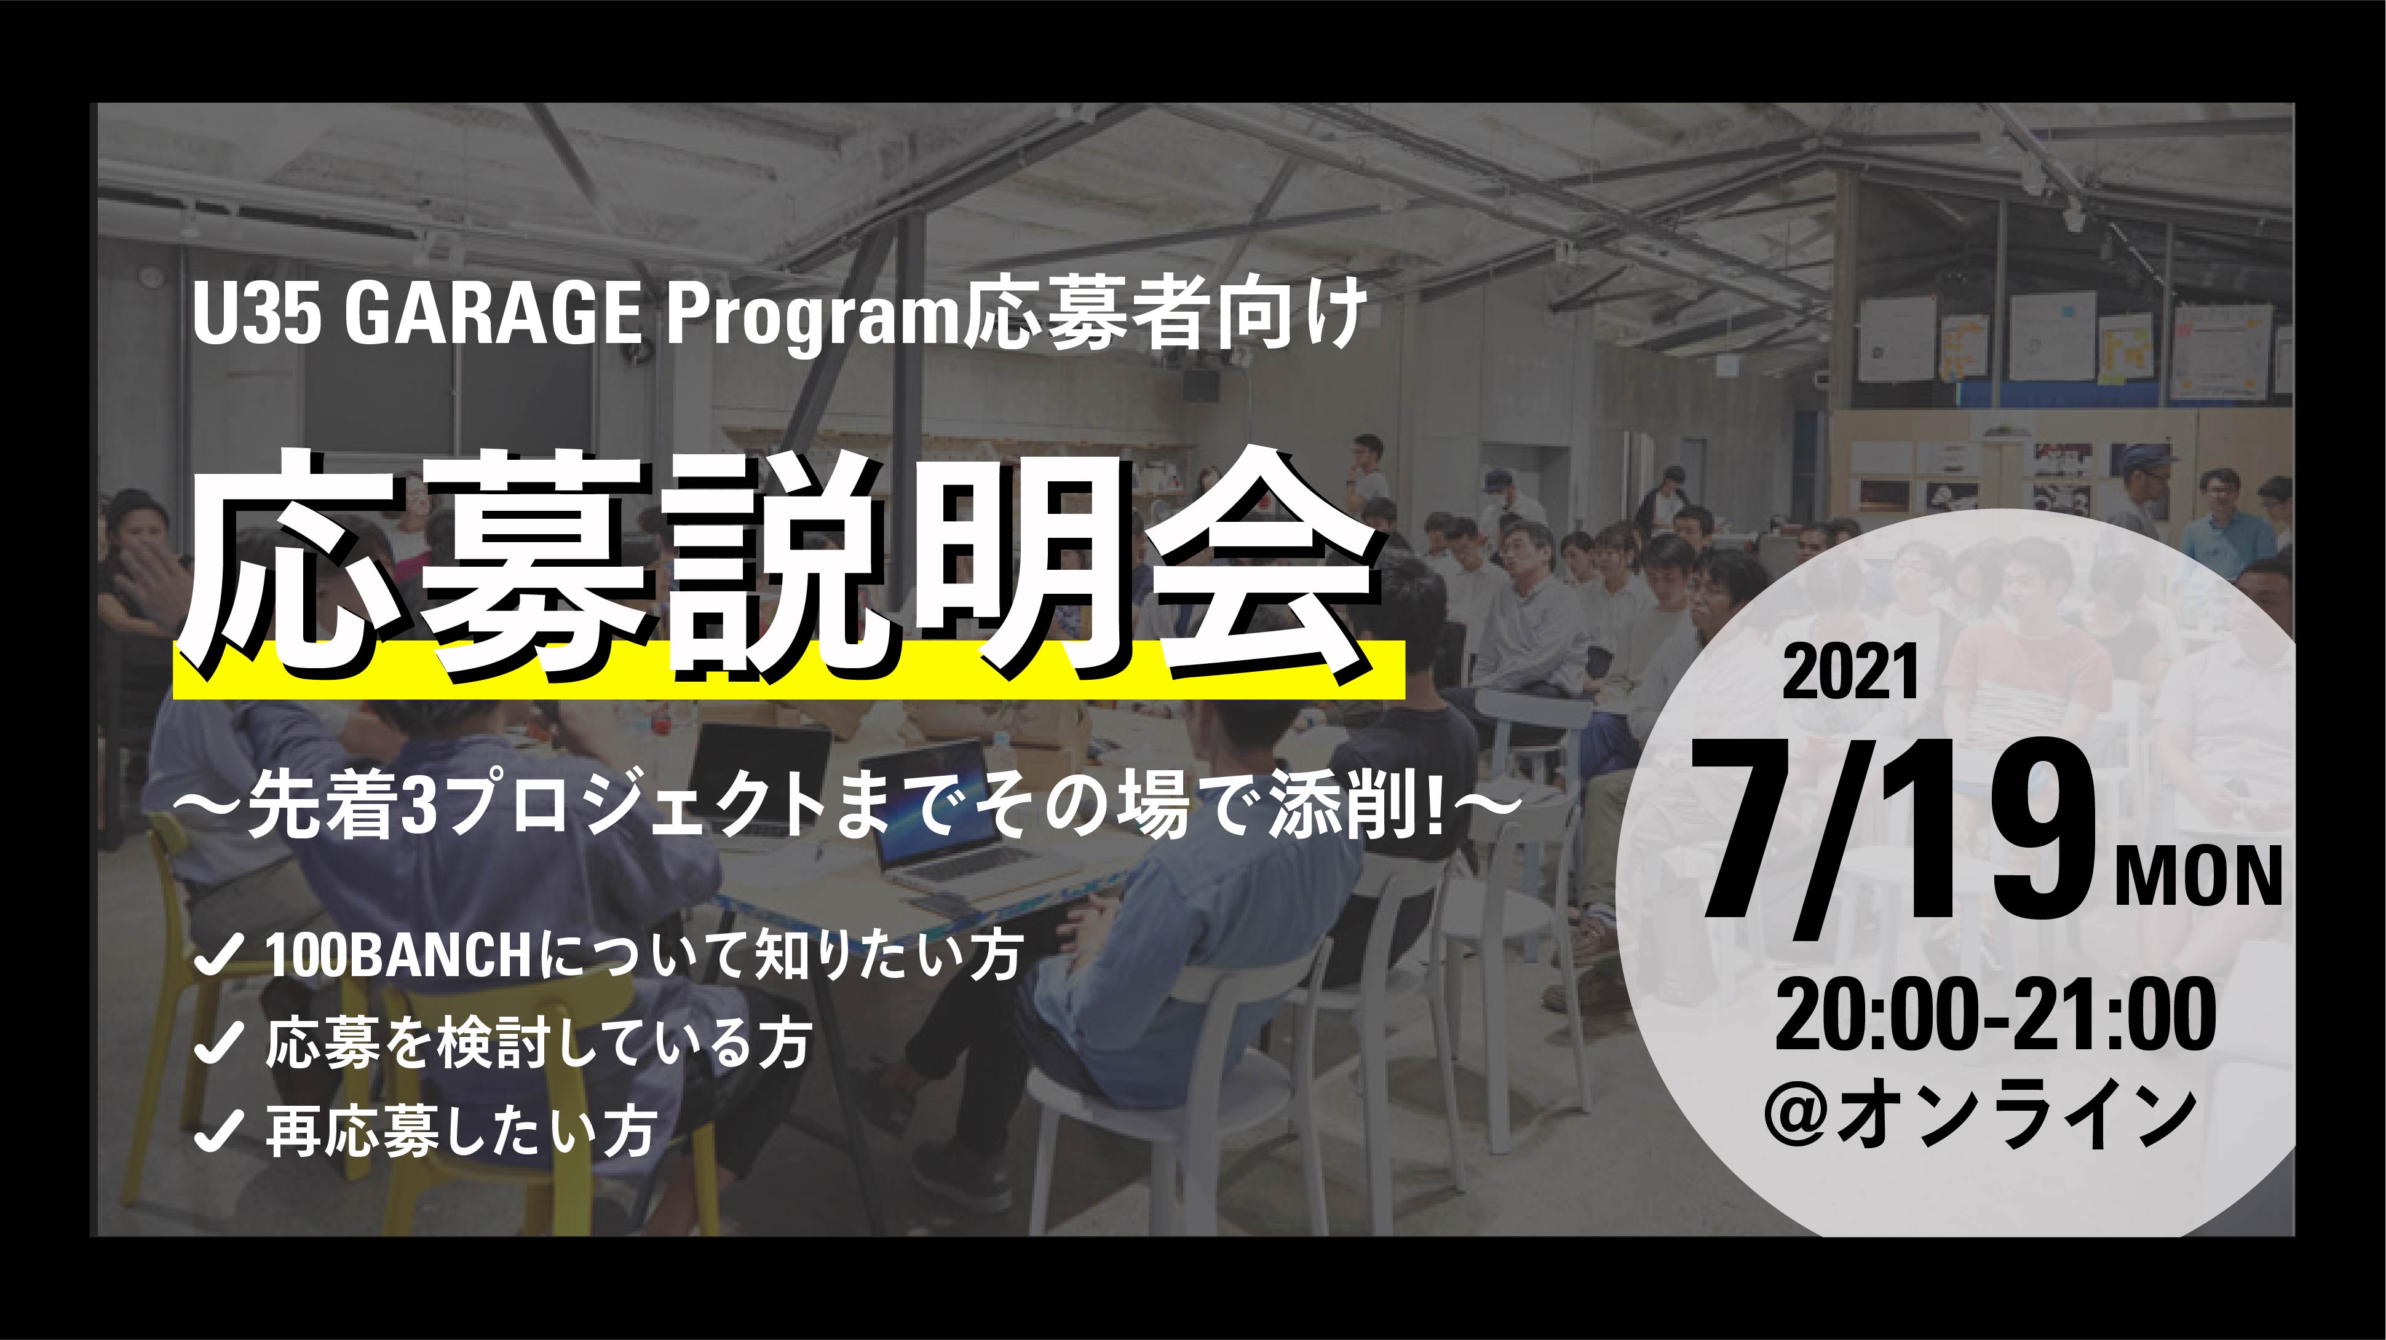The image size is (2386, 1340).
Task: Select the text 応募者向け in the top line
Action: coord(1165,318)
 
